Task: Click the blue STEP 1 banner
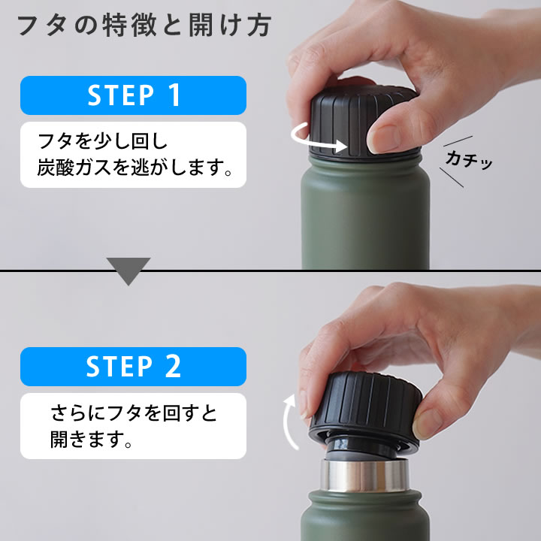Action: coord(133,95)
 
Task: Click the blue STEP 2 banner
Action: coord(133,367)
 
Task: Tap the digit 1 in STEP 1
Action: coord(174,95)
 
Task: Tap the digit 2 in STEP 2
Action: coord(173,366)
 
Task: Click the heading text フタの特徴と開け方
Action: coord(144,26)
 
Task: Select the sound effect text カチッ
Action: coord(469,160)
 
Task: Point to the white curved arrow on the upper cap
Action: coord(317,139)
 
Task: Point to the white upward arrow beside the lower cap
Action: coord(289,422)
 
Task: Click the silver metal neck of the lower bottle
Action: coord(364,475)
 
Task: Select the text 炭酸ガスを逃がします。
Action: coord(135,168)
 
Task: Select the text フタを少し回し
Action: coord(102,141)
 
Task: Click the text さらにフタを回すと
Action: coord(134,413)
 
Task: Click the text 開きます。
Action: coord(92,439)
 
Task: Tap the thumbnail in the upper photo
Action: coord(384,139)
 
